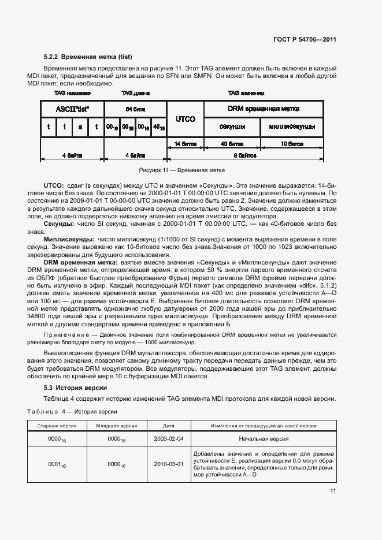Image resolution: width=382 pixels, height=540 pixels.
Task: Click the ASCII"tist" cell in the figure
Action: (72, 109)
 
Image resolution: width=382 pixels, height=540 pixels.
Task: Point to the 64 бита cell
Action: (135, 109)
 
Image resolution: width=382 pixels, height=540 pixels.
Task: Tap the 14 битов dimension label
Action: (185, 143)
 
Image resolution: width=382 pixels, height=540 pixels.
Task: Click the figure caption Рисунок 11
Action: (182, 170)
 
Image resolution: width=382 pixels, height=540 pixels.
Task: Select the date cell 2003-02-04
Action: (168, 438)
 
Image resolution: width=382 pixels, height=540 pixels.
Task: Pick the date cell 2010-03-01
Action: (168, 464)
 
